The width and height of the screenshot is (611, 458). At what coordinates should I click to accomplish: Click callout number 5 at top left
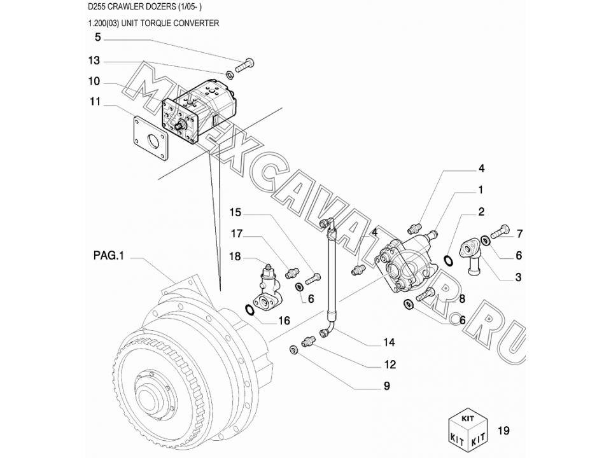click(97, 38)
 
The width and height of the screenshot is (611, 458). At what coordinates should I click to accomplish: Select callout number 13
click(94, 61)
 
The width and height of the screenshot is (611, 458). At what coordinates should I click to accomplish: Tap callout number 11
click(95, 101)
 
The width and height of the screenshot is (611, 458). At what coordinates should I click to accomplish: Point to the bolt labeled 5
click(244, 64)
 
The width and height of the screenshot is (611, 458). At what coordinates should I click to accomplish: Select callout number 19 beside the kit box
click(503, 431)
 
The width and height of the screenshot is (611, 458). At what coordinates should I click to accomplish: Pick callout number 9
click(386, 385)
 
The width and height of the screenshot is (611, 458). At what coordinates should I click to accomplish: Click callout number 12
click(389, 364)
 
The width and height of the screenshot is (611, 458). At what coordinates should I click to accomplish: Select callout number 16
click(284, 321)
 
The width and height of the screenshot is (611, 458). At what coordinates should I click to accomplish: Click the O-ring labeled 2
click(448, 259)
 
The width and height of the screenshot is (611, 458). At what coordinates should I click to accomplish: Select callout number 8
click(461, 298)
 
